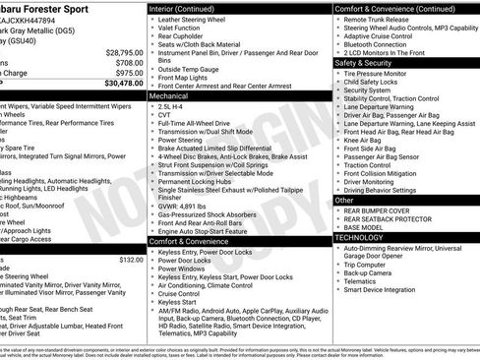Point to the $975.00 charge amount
point(124,73)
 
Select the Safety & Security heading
point(366,62)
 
